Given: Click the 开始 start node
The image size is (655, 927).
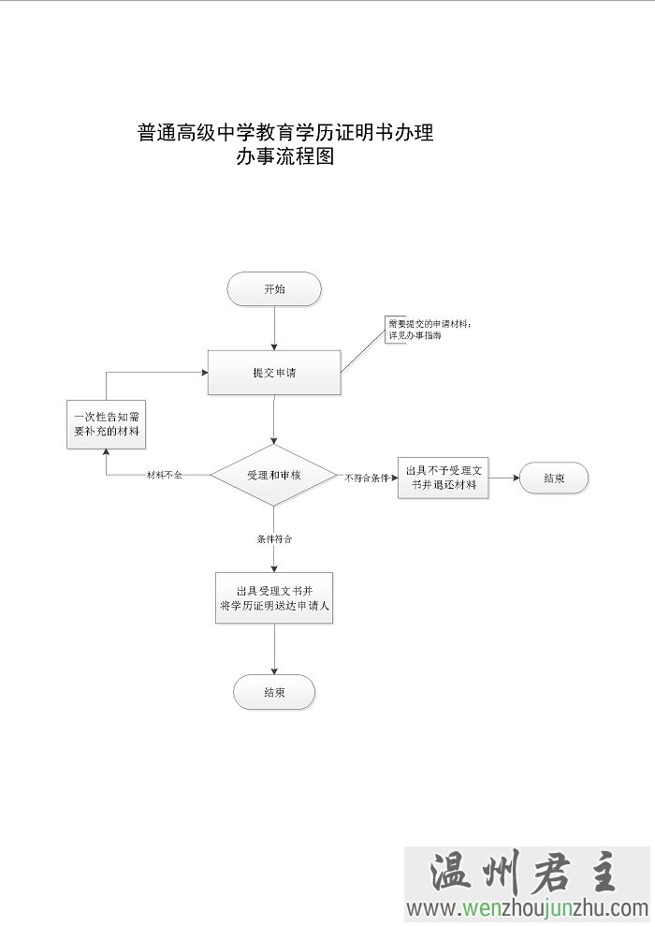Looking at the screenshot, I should [274, 289].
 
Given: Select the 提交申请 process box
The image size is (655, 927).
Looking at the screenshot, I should [274, 373].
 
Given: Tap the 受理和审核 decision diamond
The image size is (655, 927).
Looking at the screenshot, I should [274, 476].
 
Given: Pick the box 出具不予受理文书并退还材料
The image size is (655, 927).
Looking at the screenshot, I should [443, 477].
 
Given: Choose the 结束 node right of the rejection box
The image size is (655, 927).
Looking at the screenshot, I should [554, 478].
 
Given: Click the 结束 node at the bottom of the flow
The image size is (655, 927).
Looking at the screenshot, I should [274, 692].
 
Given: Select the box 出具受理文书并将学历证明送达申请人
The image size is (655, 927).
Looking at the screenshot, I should [274, 598].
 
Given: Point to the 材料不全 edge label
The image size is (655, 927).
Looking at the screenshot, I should [165, 476].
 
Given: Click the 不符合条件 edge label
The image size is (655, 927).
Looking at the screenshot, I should [367, 478].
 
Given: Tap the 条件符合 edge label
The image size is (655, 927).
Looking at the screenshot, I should [274, 539].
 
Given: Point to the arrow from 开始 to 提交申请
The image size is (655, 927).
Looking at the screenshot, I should [274, 328].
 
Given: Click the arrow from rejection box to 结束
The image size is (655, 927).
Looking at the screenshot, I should [504, 478].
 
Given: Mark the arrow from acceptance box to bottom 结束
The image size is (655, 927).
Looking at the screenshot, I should [274, 650].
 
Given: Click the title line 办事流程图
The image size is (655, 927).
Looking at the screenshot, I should [285, 157].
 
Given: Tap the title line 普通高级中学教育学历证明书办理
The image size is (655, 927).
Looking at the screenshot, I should [285, 132].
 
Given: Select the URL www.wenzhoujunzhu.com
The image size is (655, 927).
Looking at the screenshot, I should [527, 907].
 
